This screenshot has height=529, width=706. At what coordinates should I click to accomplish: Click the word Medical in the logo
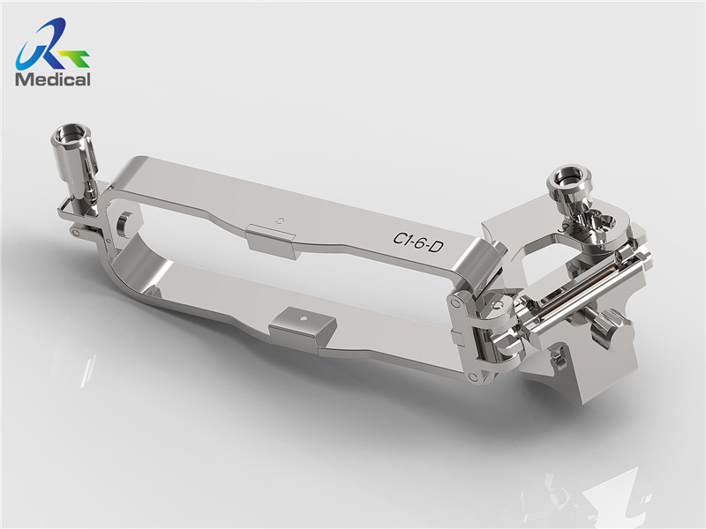52,79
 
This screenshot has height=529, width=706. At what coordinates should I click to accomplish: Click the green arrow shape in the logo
75,57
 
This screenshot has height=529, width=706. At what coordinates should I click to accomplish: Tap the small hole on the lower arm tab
304,318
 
